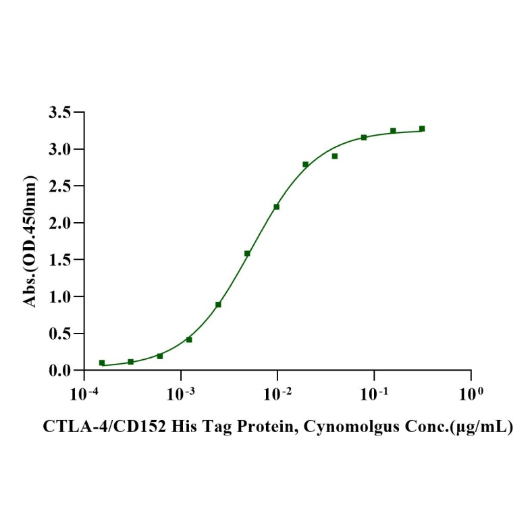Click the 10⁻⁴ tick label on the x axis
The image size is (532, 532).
84,392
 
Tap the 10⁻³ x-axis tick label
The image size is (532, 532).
180,392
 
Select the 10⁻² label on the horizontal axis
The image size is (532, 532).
277,392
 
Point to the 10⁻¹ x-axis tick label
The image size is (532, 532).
374,392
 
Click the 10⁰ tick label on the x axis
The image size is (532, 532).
471,392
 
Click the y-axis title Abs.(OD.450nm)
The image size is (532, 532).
31,241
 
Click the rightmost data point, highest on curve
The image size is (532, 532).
422,128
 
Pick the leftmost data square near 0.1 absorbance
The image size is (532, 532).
102,363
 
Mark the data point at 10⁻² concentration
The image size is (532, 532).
277,207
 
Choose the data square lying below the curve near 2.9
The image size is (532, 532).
335,156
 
